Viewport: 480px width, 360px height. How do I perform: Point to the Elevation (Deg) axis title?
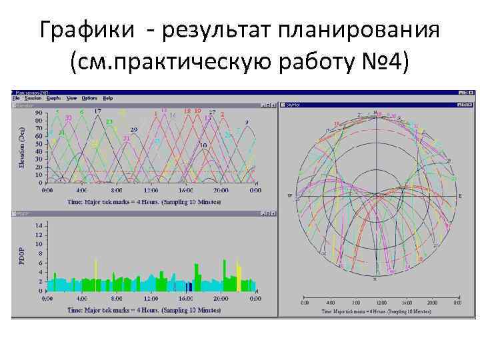(x=21, y=147)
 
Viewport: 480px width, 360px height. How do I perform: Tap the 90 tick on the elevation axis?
(x=39, y=113)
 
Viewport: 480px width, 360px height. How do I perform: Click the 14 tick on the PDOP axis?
(x=39, y=226)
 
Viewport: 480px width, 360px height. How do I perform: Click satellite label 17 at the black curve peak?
(x=98, y=111)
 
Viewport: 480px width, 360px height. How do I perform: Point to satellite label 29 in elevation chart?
(x=134, y=129)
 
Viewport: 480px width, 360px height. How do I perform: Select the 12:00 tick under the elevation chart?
(x=151, y=190)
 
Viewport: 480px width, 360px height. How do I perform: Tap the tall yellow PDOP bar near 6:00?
(x=97, y=273)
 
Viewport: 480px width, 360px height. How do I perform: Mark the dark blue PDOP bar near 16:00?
(x=189, y=287)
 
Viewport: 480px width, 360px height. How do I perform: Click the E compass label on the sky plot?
(x=459, y=195)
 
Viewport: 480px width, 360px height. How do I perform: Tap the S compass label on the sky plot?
(x=375, y=280)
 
